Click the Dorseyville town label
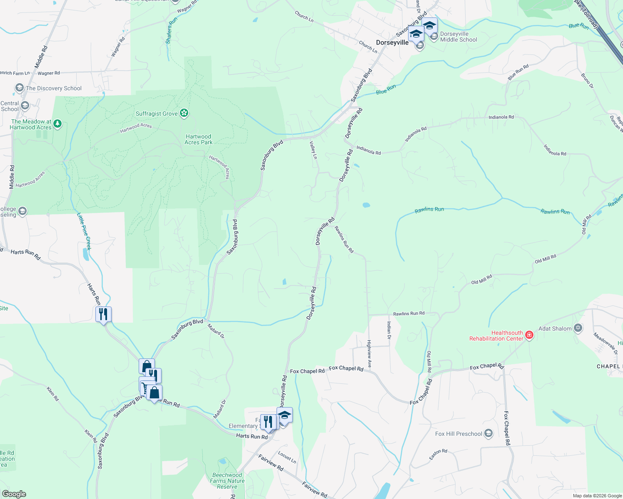(392, 42)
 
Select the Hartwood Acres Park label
(199, 139)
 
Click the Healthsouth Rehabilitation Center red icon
(529, 335)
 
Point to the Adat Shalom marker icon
(578, 328)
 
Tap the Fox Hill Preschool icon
(488, 434)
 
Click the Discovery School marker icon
(19, 88)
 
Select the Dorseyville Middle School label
(459, 37)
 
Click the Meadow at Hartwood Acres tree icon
(57, 124)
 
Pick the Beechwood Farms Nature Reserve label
(227, 481)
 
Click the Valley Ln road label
(313, 150)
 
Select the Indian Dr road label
(389, 330)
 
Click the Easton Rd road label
(438, 454)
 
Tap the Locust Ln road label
(287, 457)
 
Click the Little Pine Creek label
(84, 231)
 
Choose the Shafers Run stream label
(171, 30)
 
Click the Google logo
(14, 494)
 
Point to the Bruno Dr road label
(587, 81)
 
